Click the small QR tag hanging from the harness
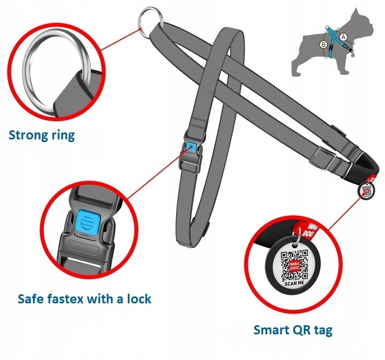pyautogui.click(x=366, y=190)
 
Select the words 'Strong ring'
pyautogui.click(x=42, y=135)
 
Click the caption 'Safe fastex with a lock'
pyautogui.click(x=84, y=298)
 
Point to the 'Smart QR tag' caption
pyautogui.click(x=292, y=330)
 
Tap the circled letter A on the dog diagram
pyautogui.click(x=343, y=37)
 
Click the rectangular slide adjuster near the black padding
pyautogui.click(x=324, y=157)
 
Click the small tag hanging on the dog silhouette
pyautogui.click(x=355, y=53)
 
